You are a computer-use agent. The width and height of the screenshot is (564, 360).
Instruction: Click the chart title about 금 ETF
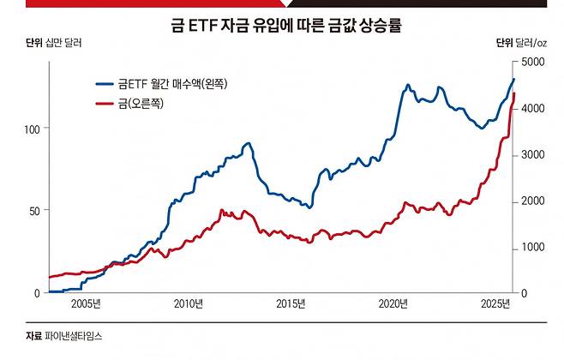[282, 26]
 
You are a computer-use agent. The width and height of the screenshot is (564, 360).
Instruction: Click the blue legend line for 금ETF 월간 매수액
[105, 84]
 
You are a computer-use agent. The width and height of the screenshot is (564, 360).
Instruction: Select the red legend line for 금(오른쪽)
[105, 104]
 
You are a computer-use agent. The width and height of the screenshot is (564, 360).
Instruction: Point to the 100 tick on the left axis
[34, 128]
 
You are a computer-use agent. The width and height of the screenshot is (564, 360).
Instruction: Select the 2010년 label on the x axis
[188, 304]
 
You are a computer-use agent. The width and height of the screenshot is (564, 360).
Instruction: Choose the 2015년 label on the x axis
[291, 304]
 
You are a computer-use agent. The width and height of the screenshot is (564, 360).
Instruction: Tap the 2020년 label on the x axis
[393, 304]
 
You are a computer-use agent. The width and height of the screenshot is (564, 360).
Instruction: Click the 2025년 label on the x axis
[495, 304]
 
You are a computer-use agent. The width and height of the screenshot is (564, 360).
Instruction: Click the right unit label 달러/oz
[532, 42]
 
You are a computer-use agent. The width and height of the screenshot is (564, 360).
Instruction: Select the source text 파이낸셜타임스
[75, 337]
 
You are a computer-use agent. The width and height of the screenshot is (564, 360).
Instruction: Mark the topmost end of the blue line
[513, 79]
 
